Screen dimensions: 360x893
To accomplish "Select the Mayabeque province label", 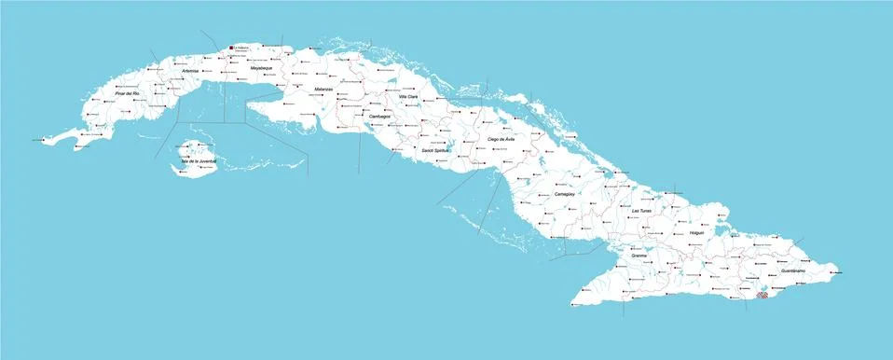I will (x=261, y=68).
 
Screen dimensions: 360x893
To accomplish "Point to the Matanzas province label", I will (x=323, y=89).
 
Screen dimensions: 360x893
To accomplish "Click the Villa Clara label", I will (x=408, y=97).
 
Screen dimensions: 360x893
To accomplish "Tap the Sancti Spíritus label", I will (x=435, y=150).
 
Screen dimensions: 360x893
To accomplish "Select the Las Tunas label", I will (x=641, y=212).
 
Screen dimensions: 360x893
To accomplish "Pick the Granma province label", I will (x=639, y=255).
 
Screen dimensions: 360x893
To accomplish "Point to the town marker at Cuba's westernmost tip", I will (x=34, y=140).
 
